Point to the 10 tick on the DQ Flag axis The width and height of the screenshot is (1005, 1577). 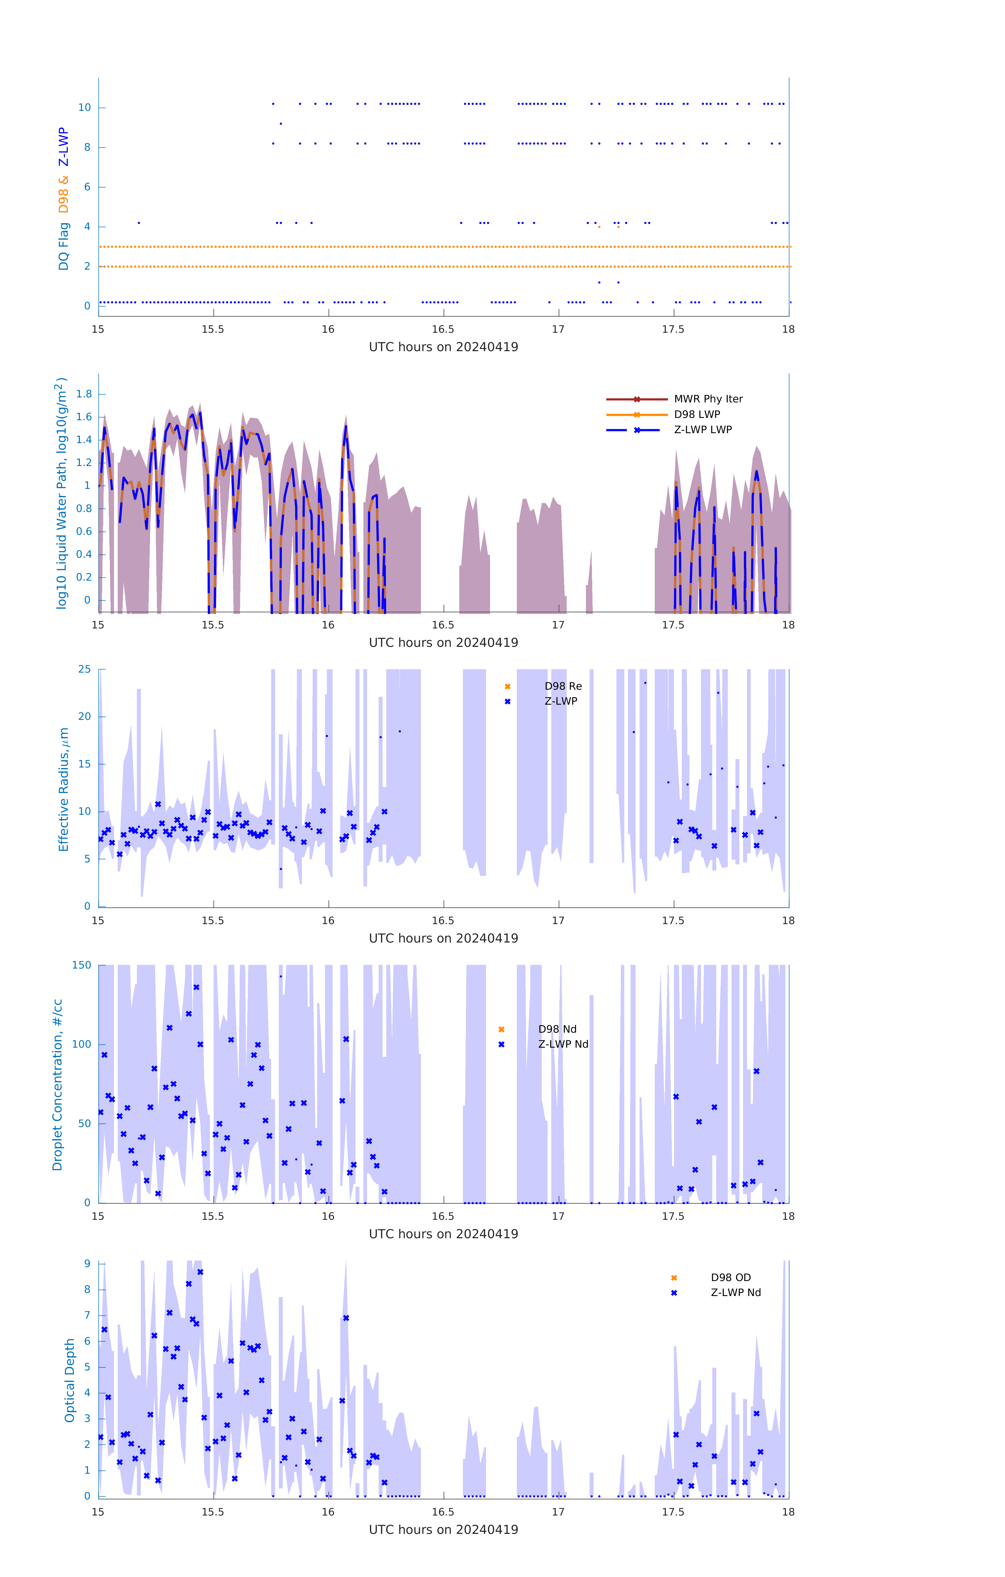click(x=84, y=107)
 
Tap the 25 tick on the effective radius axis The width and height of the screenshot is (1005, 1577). click(x=84, y=669)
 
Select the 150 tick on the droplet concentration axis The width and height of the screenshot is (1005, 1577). click(x=82, y=965)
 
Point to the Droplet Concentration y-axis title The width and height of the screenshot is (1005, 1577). click(x=58, y=1084)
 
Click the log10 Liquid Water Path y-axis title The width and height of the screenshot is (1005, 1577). click(x=61, y=493)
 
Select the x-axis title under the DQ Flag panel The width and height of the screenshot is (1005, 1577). click(x=443, y=347)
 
